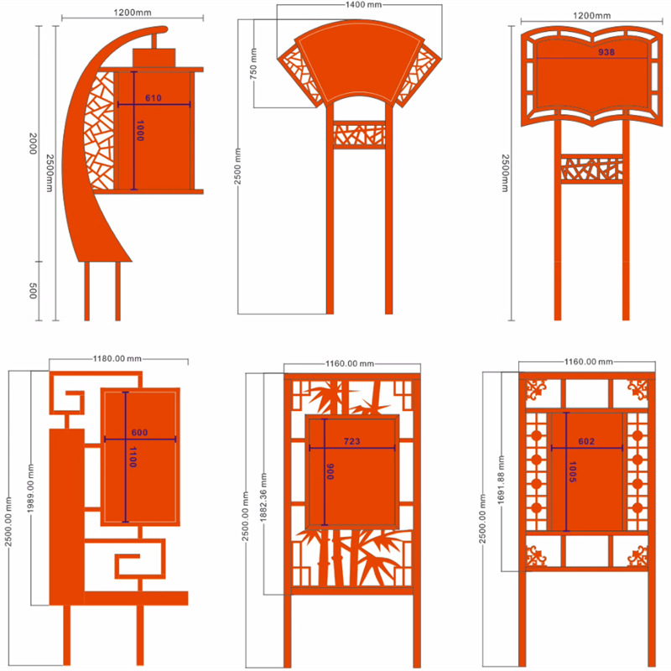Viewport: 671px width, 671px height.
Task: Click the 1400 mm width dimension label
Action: click(363, 5)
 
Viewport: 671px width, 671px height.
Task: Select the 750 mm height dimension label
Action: click(253, 64)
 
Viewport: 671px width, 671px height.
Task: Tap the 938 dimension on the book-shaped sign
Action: click(606, 52)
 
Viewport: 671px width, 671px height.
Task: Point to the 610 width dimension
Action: click(153, 98)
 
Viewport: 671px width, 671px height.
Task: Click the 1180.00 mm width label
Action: click(117, 359)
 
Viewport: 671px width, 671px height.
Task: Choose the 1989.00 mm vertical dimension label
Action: click(30, 489)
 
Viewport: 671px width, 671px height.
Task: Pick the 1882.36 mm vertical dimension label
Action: click(263, 497)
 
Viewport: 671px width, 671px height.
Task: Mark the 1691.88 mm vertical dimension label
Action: click(501, 480)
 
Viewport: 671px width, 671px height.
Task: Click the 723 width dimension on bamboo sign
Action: click(351, 441)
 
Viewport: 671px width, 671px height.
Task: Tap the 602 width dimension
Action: click(586, 441)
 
